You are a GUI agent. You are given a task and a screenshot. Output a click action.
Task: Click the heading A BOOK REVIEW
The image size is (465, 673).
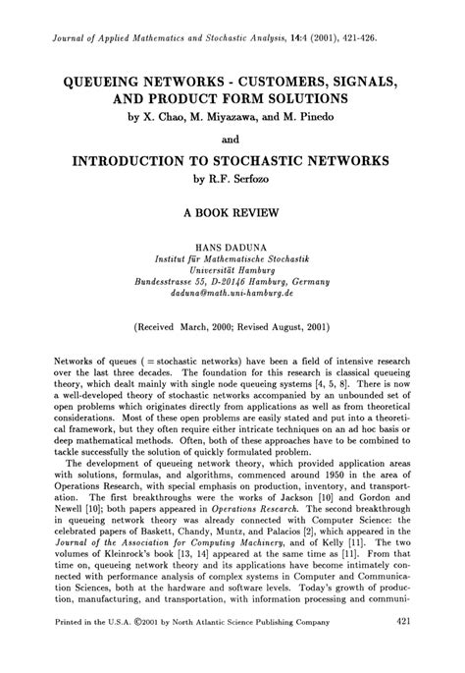[x=232, y=211]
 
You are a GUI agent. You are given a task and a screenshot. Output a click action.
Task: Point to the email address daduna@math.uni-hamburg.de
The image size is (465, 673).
[x=232, y=293]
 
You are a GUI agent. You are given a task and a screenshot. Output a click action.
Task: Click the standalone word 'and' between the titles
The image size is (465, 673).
[x=232, y=140]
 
